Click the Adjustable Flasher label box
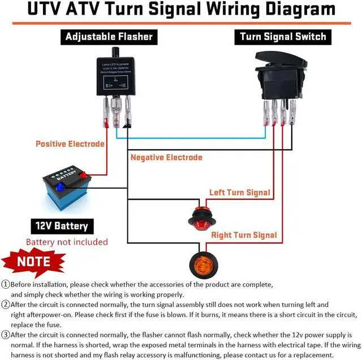tap(109, 37)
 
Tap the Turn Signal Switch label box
tap(283, 37)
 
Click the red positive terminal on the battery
tap(84, 175)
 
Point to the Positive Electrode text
tap(70, 144)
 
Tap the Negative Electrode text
tap(166, 157)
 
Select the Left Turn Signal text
tap(240, 193)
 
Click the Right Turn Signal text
tap(244, 235)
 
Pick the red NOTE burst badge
tap(33, 262)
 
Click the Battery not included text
tap(67, 242)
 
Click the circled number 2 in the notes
tap(6, 305)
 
